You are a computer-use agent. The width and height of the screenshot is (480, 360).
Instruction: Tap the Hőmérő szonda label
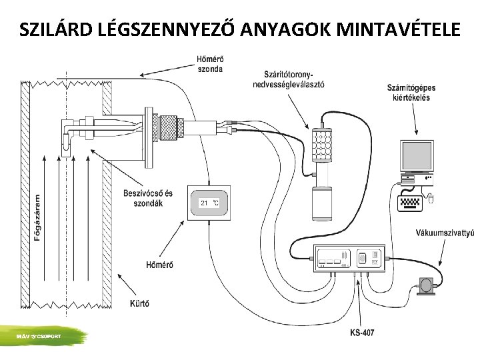point(210,63)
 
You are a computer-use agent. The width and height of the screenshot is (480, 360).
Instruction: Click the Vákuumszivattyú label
point(445,233)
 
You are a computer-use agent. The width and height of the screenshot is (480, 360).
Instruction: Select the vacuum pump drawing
point(425,285)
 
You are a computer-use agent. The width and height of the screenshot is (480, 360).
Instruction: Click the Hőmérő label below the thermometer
point(159,265)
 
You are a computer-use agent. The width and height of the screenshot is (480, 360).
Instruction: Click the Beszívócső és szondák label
point(148,197)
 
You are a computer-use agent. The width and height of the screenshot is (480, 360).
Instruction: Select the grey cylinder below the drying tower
point(322,203)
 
